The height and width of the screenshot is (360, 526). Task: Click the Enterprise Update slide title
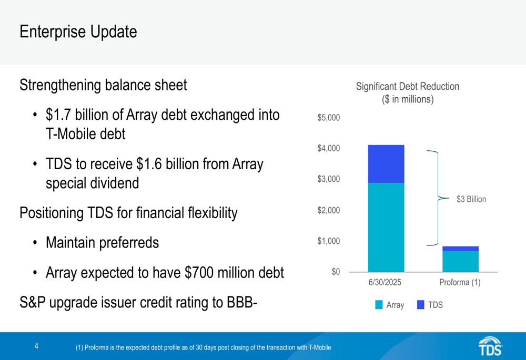point(78,32)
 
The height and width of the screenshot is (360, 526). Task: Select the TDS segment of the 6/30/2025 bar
point(386,164)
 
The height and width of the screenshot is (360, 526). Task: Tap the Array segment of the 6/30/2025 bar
point(386,227)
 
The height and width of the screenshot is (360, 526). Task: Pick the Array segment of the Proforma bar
point(461,261)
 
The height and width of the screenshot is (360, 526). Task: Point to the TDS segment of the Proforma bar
point(461,249)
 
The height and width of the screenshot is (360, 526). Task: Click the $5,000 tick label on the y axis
point(329,118)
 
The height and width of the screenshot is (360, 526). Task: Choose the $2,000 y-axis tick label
point(329,210)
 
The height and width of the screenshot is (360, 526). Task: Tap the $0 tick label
point(336,272)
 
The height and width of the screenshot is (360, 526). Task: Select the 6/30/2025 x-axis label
point(385,282)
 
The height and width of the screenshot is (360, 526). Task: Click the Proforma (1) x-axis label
point(460,282)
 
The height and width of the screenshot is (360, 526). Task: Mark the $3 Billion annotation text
point(471,199)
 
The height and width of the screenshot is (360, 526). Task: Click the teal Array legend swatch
point(379,305)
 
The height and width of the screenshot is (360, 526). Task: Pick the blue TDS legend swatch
point(421,305)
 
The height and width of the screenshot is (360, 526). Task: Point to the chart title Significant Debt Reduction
point(408,87)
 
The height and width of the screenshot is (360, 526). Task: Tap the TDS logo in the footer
point(490,346)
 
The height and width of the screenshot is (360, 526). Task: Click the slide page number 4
point(37,346)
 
